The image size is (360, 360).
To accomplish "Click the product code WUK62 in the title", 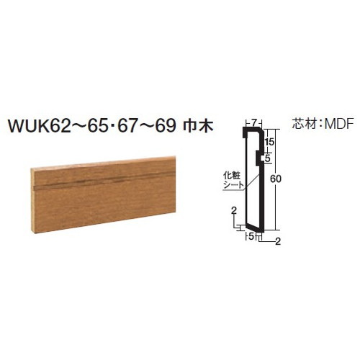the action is pos(39,126).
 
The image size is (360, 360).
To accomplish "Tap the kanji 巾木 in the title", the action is pos(198,126).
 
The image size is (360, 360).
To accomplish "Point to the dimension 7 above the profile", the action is pos(253,123).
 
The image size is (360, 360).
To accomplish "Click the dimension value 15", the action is pos(270,142).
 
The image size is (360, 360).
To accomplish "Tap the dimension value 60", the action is pos(275,179).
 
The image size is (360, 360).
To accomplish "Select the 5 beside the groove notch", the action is pos(268,158).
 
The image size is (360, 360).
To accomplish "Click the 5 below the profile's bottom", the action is pos(251,237).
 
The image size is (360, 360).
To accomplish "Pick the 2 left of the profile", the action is pos(234,210).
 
